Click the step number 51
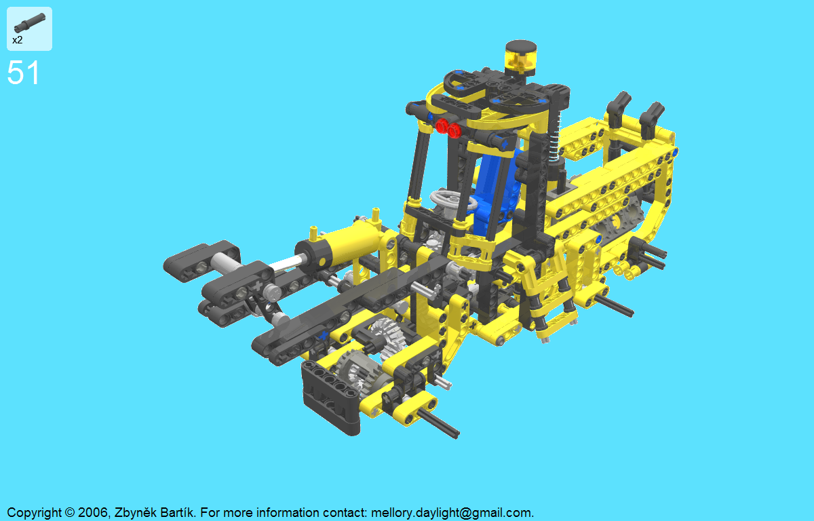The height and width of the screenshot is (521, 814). pyautogui.click(x=23, y=73)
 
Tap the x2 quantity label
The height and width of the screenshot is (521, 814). pyautogui.click(x=18, y=40)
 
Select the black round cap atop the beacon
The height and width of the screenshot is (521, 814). pyautogui.click(x=521, y=47)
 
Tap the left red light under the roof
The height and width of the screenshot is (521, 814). pyautogui.click(x=442, y=126)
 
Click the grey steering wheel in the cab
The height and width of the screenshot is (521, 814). pyautogui.click(x=452, y=200)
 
